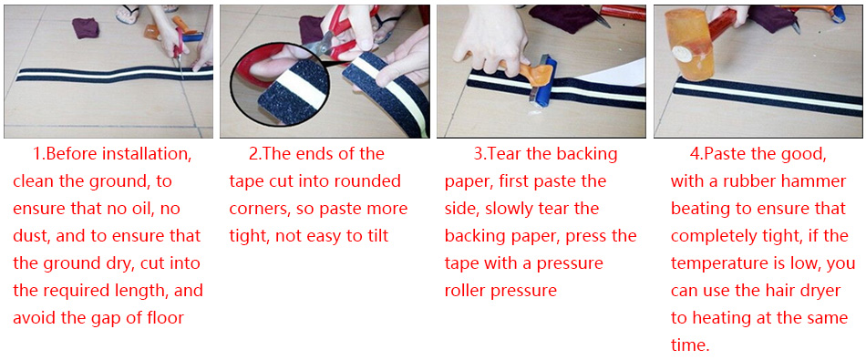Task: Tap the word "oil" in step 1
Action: click(132, 209)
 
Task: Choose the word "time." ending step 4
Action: click(690, 345)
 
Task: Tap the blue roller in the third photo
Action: click(542, 79)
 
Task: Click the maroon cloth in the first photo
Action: click(87, 27)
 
